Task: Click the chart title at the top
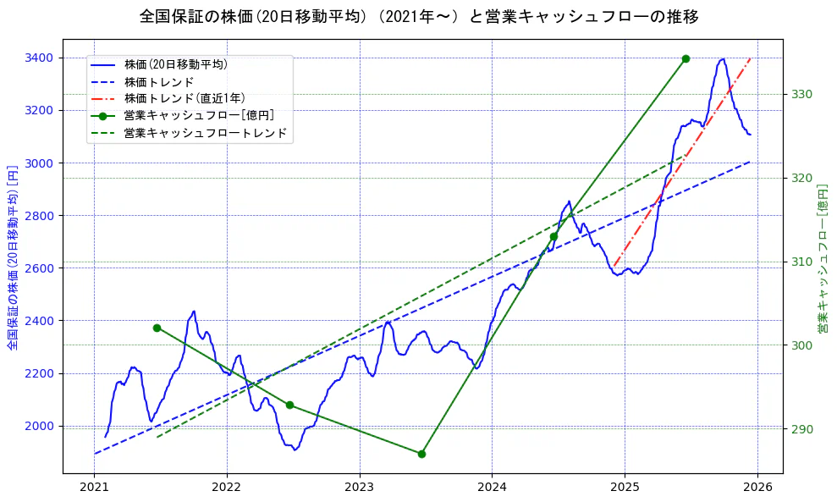tap(419, 17)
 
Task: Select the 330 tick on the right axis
tap(802, 94)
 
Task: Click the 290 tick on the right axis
tap(802, 429)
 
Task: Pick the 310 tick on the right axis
tap(802, 262)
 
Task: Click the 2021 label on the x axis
tap(94, 488)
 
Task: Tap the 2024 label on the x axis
tap(492, 488)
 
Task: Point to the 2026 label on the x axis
tap(757, 488)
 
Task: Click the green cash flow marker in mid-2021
tap(157, 328)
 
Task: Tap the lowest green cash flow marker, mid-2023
tap(421, 454)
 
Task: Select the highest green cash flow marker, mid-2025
tap(686, 58)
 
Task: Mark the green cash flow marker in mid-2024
tap(553, 236)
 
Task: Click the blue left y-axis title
tap(12, 257)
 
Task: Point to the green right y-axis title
tap(823, 257)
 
